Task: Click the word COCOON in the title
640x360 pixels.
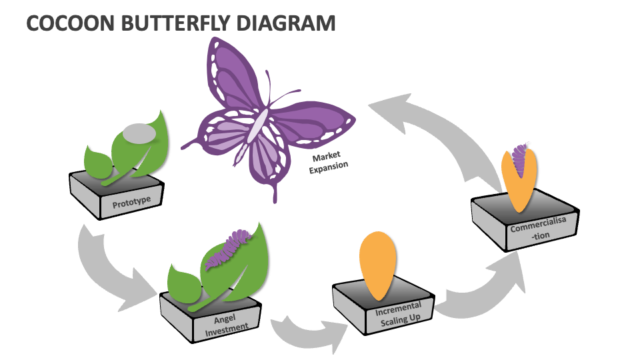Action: (70, 23)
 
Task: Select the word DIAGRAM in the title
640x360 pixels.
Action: (286, 23)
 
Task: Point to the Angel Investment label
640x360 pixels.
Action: (226, 325)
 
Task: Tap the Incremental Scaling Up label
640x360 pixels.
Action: (399, 314)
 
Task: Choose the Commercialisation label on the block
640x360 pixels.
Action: (539, 229)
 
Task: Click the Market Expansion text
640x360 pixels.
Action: (328, 162)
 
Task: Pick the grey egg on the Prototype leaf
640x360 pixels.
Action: (139, 133)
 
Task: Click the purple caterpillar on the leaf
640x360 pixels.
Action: (229, 249)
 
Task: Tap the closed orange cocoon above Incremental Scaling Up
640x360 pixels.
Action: (378, 265)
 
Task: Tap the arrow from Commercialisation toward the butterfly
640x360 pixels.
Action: (441, 131)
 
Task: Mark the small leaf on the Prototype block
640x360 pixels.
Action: (98, 161)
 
